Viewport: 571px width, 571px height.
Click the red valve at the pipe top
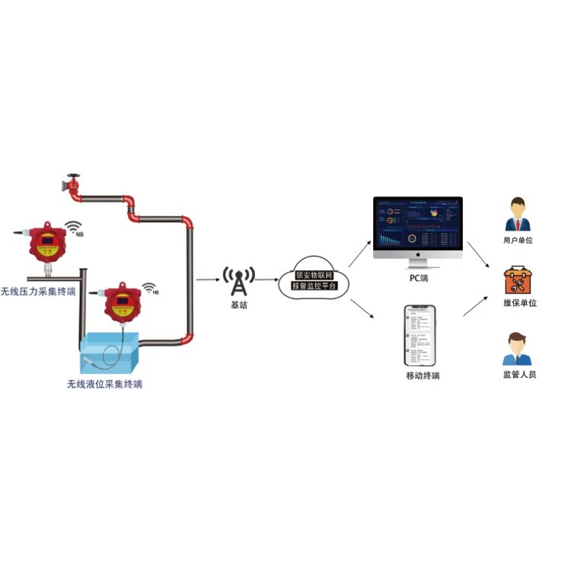tap(73, 186)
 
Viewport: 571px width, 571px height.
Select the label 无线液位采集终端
tap(104, 384)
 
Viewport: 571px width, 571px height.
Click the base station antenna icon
tap(239, 281)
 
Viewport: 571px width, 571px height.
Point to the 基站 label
tap(239, 305)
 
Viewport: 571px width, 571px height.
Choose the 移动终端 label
tap(423, 376)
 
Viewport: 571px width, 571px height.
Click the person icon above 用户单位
tap(518, 214)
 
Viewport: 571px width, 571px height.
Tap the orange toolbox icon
tap(518, 281)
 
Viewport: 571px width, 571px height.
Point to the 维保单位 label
tap(520, 303)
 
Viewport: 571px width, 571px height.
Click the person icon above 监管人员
tap(518, 349)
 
